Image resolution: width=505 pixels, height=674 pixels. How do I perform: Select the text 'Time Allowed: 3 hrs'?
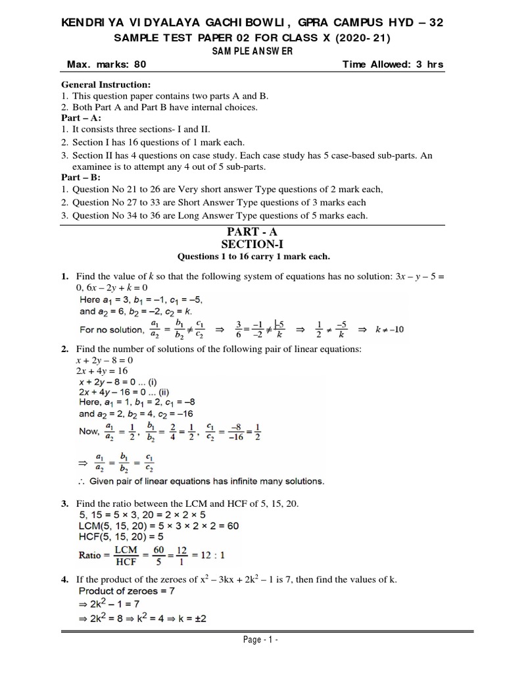click(x=393, y=65)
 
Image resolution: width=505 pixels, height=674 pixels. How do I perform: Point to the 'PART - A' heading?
click(x=252, y=232)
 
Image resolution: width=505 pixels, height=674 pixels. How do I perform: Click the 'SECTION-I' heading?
click(x=252, y=244)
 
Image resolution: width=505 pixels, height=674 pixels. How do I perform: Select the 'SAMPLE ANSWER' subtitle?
click(x=252, y=51)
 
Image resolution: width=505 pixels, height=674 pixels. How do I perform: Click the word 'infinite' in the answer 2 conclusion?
click(x=245, y=481)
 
